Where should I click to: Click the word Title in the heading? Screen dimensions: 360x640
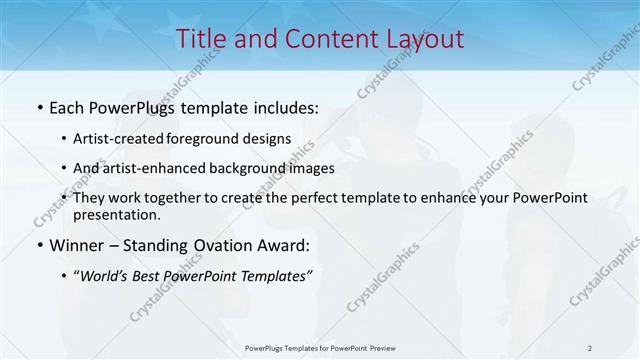click(x=199, y=39)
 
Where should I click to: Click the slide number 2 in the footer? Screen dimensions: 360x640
click(x=590, y=347)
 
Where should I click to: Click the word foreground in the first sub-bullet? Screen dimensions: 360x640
click(x=212, y=140)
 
